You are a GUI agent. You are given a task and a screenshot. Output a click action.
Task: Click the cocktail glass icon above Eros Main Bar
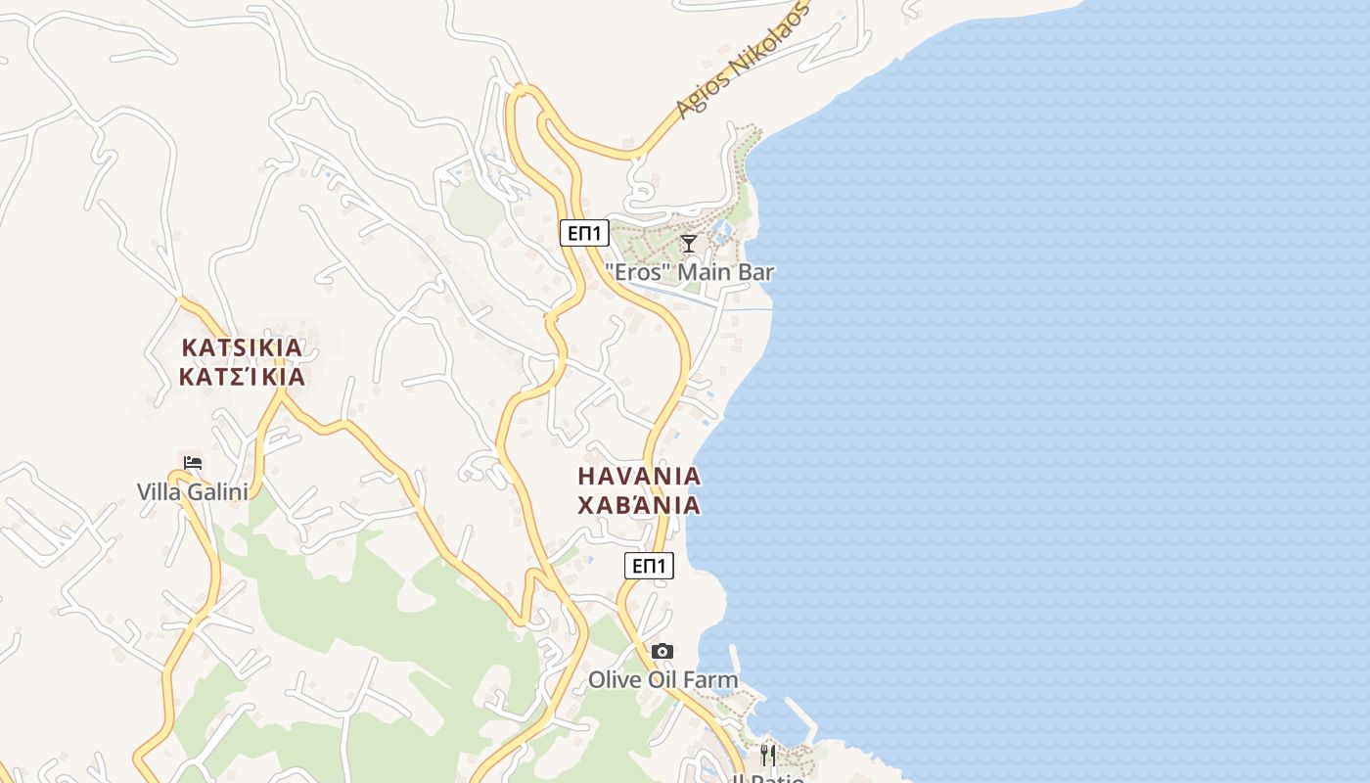click(689, 243)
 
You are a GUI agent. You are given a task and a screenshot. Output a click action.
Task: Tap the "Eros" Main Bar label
click(689, 272)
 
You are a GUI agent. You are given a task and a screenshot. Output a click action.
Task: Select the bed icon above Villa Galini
click(193, 462)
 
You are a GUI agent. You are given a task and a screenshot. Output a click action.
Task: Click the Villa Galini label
click(193, 491)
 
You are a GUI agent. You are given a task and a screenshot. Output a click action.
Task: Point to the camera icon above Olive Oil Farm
click(662, 651)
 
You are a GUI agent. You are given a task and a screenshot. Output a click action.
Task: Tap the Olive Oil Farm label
click(662, 679)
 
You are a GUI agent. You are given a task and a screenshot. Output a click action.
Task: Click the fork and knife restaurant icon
click(768, 755)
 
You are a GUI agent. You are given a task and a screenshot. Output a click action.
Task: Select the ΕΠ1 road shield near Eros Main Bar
click(585, 233)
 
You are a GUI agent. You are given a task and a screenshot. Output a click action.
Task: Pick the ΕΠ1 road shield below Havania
click(649, 566)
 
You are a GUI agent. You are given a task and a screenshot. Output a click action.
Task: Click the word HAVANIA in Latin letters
click(639, 477)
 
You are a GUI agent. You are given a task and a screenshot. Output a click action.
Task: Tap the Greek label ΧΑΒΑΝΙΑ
click(639, 505)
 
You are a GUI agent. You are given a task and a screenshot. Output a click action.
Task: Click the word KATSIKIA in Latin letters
click(242, 347)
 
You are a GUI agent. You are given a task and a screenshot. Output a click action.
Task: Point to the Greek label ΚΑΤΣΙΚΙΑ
click(242, 377)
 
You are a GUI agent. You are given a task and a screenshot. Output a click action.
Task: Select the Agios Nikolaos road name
click(745, 61)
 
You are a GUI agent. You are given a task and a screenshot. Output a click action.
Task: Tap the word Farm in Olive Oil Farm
click(712, 679)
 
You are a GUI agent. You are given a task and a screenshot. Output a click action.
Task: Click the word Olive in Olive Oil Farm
click(614, 679)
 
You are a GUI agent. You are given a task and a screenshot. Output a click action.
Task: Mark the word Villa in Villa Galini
click(159, 491)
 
